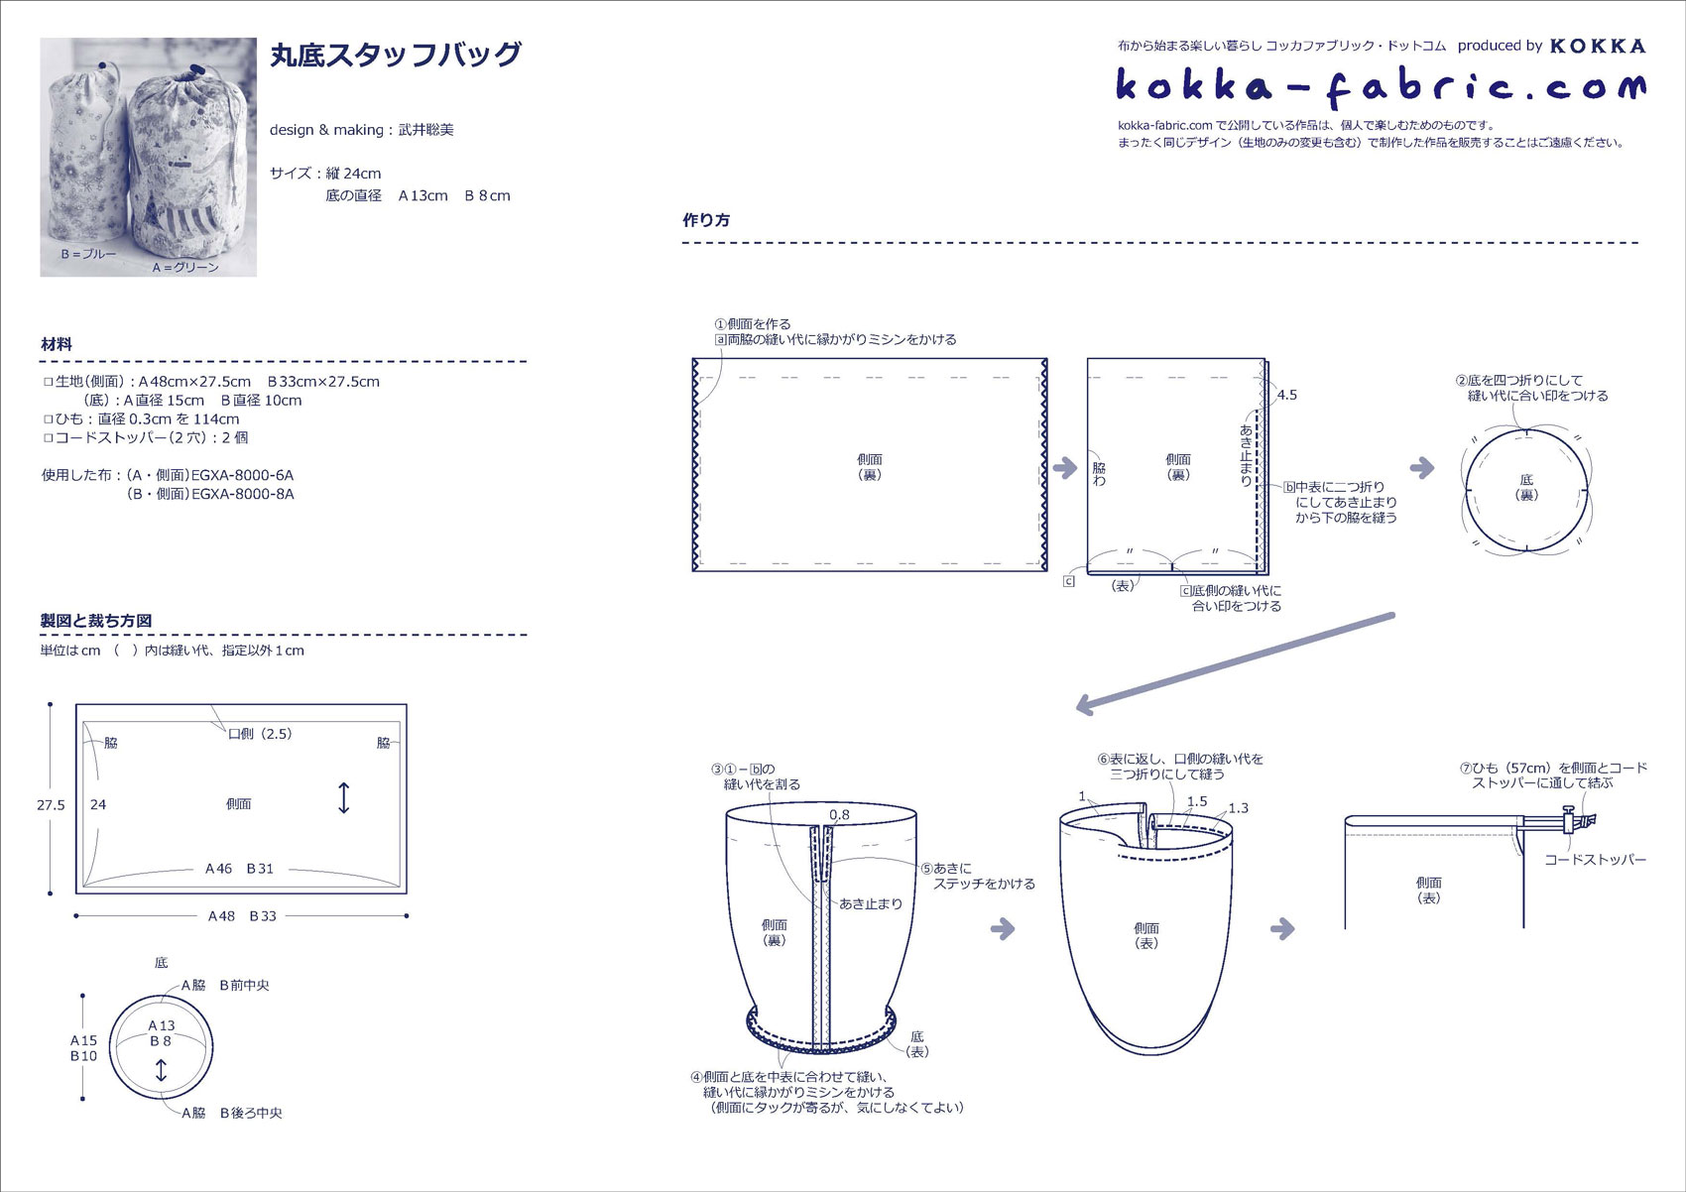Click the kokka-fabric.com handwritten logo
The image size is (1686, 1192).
(x=1381, y=87)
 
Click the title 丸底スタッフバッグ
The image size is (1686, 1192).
(x=396, y=55)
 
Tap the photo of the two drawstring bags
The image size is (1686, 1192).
(x=149, y=158)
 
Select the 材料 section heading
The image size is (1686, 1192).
(x=57, y=345)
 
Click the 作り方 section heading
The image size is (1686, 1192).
(x=706, y=220)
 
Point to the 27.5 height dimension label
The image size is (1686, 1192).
(x=52, y=805)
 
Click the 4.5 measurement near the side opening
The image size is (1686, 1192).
(x=1287, y=395)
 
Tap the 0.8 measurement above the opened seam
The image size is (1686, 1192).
(x=839, y=815)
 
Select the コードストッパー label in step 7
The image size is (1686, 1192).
(x=1595, y=860)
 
